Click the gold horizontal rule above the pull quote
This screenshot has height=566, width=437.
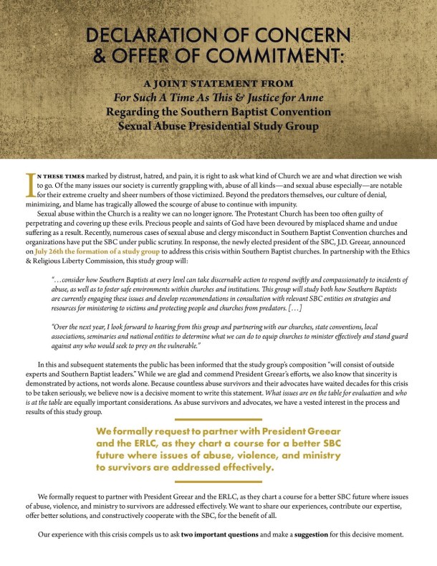click(218, 419)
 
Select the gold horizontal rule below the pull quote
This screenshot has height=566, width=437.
click(218, 481)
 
